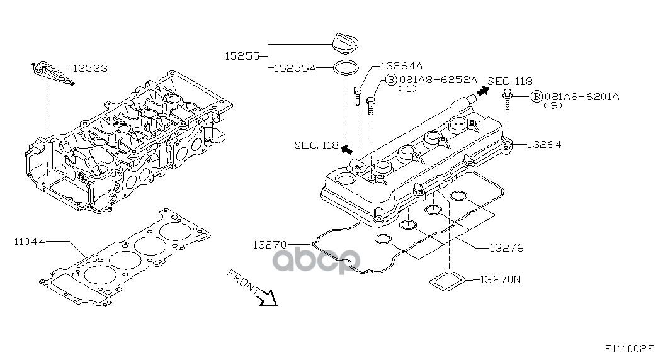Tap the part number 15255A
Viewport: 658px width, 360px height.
pos(295,68)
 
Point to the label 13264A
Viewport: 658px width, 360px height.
pos(401,65)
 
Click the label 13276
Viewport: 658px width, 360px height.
pos(506,248)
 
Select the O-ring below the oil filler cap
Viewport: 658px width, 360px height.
pos(344,67)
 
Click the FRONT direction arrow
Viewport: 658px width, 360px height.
pos(268,296)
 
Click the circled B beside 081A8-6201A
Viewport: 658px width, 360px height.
pos(536,96)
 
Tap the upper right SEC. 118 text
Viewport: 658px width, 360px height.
pos(509,81)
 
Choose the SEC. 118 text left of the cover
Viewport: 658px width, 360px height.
pos(316,145)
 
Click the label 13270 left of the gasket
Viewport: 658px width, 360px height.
pos(271,244)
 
